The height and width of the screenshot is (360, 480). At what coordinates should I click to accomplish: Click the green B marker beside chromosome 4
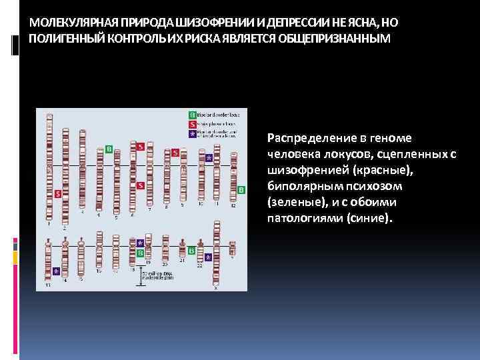click(x=109, y=149)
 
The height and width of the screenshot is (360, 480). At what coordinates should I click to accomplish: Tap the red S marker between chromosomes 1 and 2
click(x=58, y=193)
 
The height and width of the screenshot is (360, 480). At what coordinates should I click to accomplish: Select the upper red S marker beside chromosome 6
click(x=140, y=146)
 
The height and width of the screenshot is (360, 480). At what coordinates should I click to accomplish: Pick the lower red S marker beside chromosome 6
click(x=140, y=185)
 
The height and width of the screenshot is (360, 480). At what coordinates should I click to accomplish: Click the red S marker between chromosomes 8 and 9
click(x=175, y=153)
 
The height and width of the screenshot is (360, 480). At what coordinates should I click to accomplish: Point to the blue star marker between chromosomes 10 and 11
click(x=209, y=158)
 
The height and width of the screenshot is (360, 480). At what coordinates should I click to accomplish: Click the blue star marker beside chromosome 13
click(x=56, y=271)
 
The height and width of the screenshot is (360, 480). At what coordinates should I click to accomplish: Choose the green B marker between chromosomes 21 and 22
click(x=191, y=251)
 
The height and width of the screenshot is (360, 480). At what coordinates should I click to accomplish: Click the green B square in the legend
click(x=193, y=115)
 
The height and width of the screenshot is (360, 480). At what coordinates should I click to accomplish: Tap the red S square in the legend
click(x=193, y=124)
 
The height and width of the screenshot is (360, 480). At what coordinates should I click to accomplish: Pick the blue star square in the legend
click(x=193, y=133)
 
